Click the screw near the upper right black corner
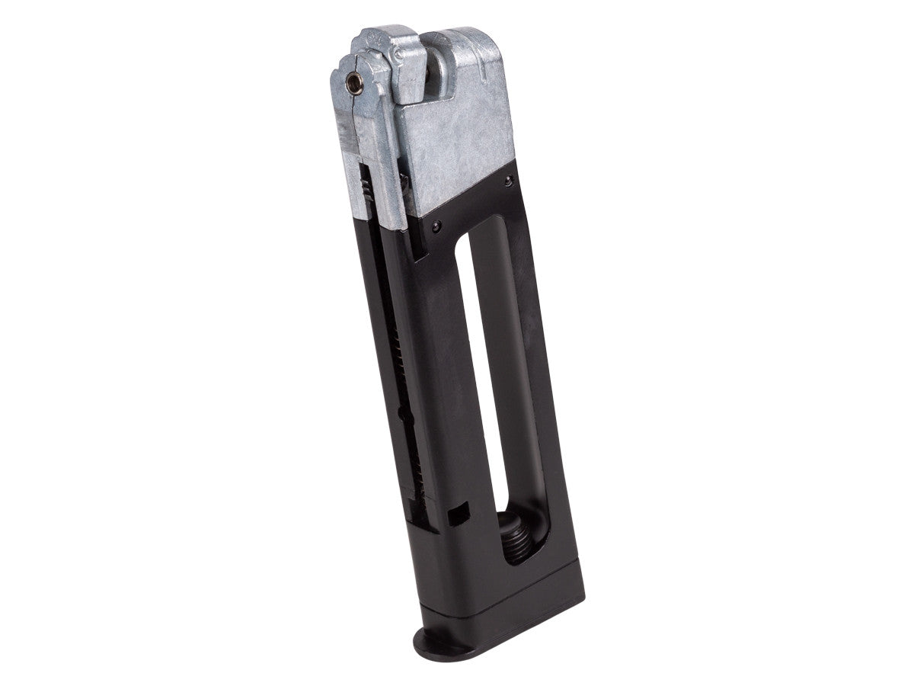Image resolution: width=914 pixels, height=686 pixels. [507, 180]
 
